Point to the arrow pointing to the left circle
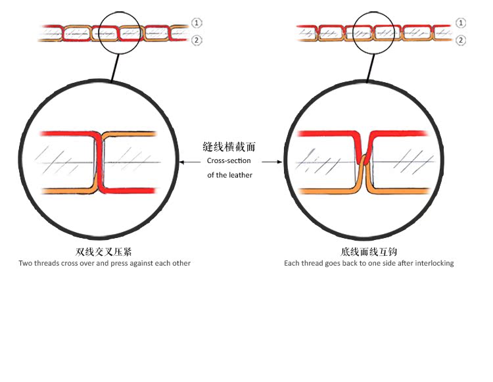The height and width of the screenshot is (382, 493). coord(190,162)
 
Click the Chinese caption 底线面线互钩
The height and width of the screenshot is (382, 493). coord(369,252)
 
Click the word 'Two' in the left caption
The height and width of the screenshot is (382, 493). coord(26,264)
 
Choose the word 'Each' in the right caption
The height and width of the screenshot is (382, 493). coord(292,264)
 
